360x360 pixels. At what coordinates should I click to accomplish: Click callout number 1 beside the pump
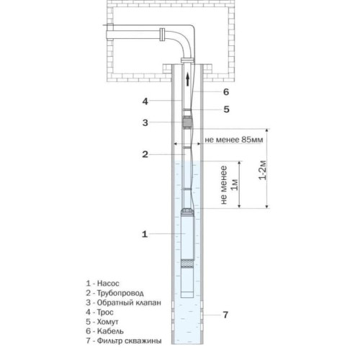pyautogui.click(x=145, y=234)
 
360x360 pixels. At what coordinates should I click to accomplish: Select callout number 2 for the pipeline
pyautogui.click(x=145, y=154)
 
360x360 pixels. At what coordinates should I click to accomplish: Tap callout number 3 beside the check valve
pyautogui.click(x=145, y=122)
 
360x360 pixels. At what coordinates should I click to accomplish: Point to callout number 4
pyautogui.click(x=145, y=102)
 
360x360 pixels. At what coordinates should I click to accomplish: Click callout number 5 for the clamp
pyautogui.click(x=226, y=109)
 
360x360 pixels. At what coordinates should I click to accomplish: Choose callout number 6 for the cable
pyautogui.click(x=226, y=91)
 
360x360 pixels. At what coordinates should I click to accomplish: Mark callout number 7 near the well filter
pyautogui.click(x=225, y=315)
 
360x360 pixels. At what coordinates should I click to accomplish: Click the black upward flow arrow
pyautogui.click(x=188, y=79)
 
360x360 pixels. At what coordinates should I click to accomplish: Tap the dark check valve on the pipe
pyautogui.click(x=187, y=122)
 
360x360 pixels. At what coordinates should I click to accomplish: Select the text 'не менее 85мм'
pyautogui.click(x=234, y=140)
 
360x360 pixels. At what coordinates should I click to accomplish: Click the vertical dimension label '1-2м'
pyautogui.click(x=263, y=170)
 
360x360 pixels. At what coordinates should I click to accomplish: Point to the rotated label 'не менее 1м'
pyautogui.click(x=229, y=185)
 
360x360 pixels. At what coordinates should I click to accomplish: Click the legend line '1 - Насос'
pyautogui.click(x=102, y=284)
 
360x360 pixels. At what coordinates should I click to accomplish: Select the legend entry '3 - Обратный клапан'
pyautogui.click(x=124, y=302)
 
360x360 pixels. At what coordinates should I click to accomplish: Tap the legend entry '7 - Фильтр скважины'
pyautogui.click(x=124, y=341)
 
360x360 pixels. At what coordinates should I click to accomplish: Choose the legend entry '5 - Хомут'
pyautogui.click(x=102, y=322)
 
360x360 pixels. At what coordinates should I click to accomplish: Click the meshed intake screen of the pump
pyautogui.click(x=187, y=264)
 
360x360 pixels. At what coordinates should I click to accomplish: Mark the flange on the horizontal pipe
pyautogui.click(x=162, y=35)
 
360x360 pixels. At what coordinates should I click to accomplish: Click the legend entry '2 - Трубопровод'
pyautogui.click(x=115, y=293)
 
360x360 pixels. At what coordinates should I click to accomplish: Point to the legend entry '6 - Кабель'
pyautogui.click(x=105, y=331)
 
